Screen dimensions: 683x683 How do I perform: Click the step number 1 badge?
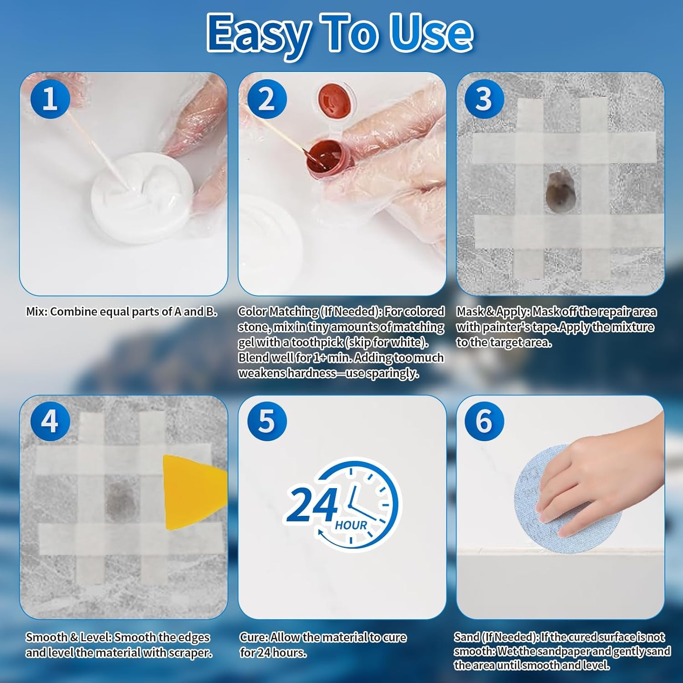click(50, 99)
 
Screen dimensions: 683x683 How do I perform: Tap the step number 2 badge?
click(267, 99)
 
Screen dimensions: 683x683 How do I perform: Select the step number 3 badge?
click(484, 99)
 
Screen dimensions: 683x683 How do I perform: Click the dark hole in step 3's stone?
click(561, 190)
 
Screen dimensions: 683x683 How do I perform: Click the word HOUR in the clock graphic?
click(351, 525)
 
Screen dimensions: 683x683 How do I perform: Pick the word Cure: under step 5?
click(255, 637)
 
